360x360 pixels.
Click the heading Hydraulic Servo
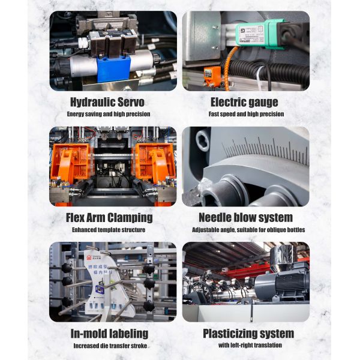(x=110, y=101)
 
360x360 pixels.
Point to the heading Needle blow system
(x=246, y=217)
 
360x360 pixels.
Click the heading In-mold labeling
(x=110, y=333)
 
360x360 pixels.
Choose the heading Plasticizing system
(x=248, y=333)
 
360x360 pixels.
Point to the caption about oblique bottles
(x=248, y=230)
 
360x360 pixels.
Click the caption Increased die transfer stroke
(x=110, y=346)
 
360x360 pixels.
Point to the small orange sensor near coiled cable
(x=213, y=76)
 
